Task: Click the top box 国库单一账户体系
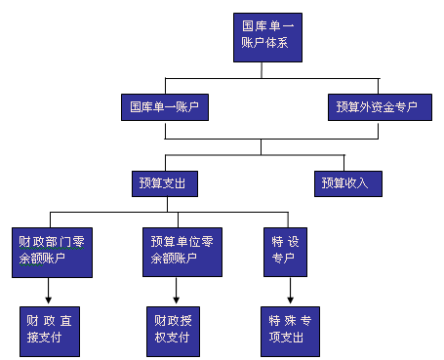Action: (x=262, y=36)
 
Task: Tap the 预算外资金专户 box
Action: (x=380, y=106)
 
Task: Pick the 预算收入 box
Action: (x=346, y=181)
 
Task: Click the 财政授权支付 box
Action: (x=177, y=329)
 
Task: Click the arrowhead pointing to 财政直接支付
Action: (x=48, y=299)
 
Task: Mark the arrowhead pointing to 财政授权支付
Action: (x=177, y=299)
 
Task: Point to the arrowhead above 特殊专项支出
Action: (x=290, y=299)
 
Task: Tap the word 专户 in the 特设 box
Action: (x=282, y=259)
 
